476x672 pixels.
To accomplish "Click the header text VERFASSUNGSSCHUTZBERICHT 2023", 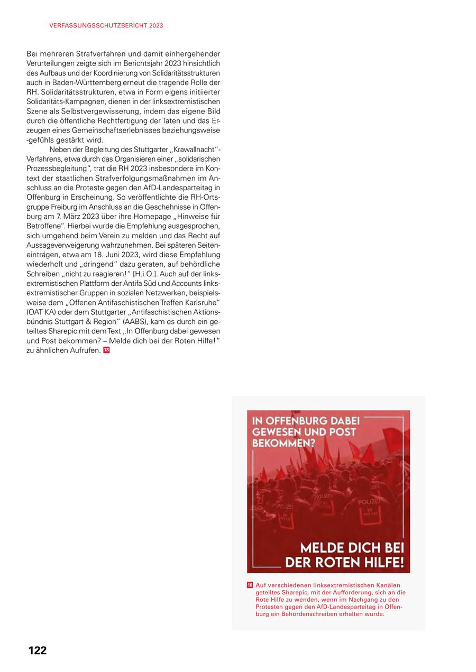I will [x=106, y=25].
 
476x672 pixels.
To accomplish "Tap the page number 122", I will [x=38, y=650].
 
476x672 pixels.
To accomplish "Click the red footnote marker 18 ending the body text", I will [x=106, y=350].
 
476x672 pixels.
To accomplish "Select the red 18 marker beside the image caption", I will [x=250, y=585].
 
